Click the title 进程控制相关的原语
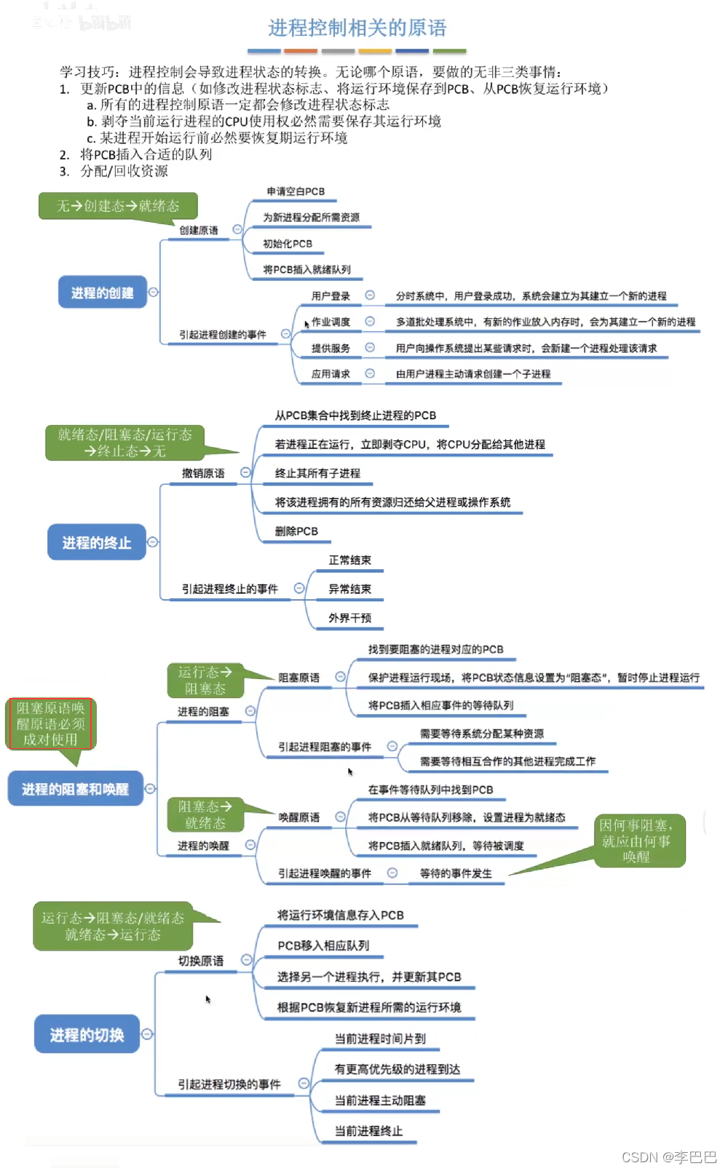tap(357, 28)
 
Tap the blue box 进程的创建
tap(102, 293)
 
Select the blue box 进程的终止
tap(96, 542)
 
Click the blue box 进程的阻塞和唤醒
tap(75, 789)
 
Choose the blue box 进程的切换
tap(87, 1035)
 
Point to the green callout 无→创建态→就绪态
tap(118, 206)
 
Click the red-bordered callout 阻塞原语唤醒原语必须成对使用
tap(50, 723)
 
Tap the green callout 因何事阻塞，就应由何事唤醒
tap(636, 841)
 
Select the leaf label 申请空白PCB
tap(296, 191)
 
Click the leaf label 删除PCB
tap(296, 531)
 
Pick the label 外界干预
tap(349, 618)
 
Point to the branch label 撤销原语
tap(203, 473)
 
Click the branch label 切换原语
tap(201, 961)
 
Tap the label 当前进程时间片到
tap(380, 1039)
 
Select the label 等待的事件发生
tap(456, 873)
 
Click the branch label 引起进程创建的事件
tap(223, 335)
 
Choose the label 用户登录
tap(331, 296)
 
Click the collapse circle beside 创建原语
tap(237, 229)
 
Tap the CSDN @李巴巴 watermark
tap(669, 1157)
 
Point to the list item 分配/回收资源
tap(124, 171)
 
